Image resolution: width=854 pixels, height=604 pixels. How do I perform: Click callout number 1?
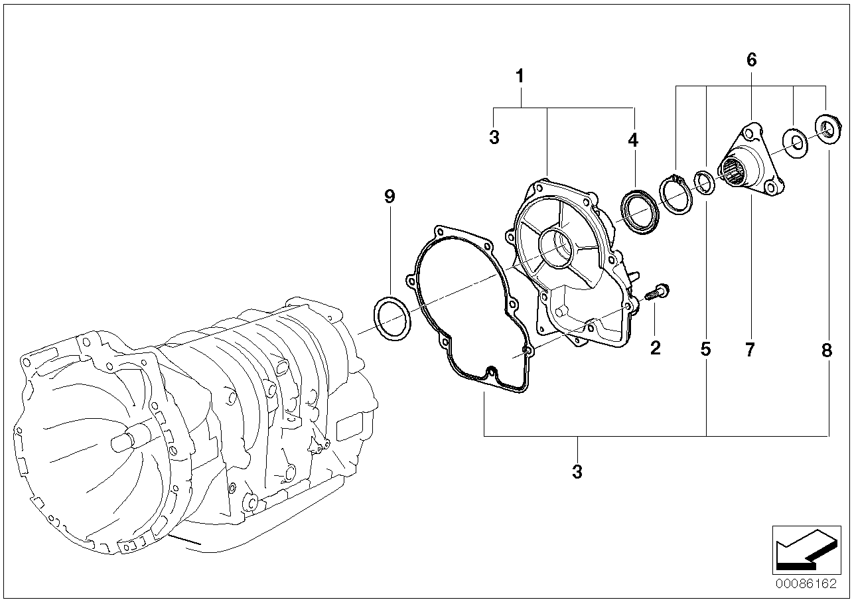520,76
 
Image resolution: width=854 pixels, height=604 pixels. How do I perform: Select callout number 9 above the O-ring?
390,196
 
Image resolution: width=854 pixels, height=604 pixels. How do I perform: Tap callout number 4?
633,140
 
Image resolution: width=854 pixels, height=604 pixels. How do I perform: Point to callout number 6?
751,60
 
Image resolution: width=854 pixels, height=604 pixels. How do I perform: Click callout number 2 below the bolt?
656,347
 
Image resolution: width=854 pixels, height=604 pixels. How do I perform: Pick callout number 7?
750,349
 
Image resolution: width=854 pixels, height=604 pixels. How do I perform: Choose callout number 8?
827,349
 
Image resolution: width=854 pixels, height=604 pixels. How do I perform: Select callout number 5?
705,349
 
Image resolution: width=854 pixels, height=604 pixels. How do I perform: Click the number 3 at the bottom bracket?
577,472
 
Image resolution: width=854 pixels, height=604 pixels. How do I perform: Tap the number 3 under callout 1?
494,137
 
